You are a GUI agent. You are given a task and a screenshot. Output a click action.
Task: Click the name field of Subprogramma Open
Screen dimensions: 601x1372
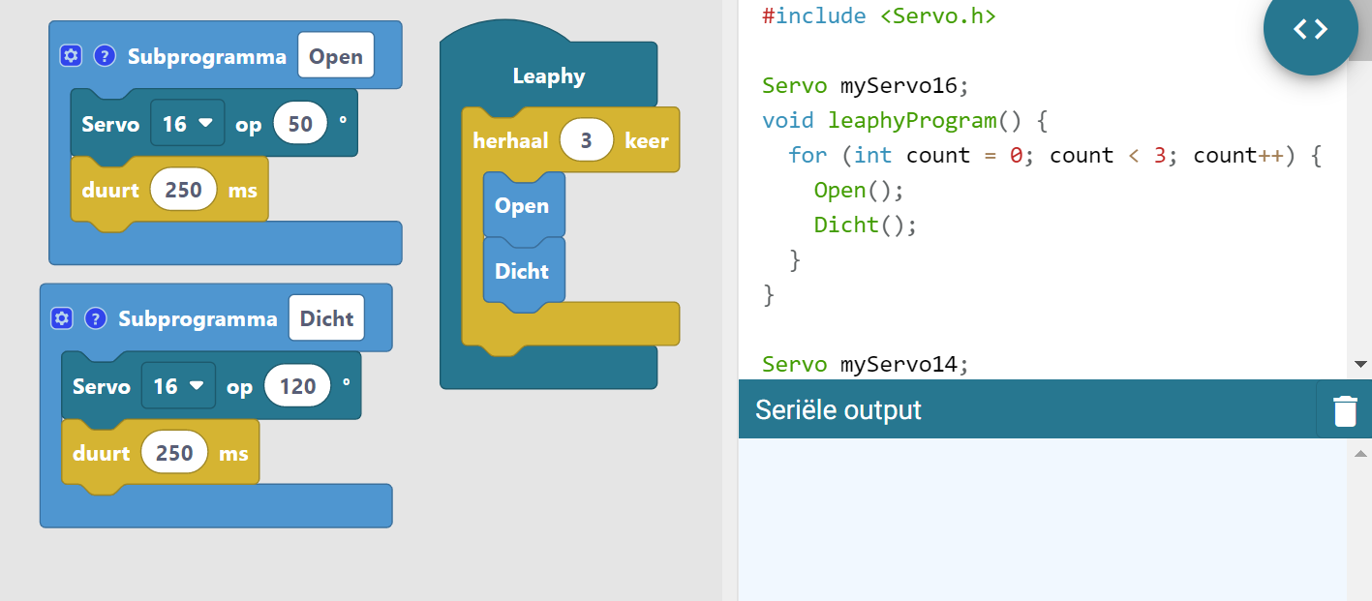click(336, 57)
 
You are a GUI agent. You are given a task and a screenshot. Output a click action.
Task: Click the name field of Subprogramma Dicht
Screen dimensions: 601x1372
click(326, 318)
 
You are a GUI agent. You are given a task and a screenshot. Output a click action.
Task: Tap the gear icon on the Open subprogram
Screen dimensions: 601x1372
click(71, 56)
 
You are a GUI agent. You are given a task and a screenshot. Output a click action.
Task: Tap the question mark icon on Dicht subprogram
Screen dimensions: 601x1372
click(95, 318)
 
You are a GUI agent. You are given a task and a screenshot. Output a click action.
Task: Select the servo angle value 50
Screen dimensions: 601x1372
click(300, 124)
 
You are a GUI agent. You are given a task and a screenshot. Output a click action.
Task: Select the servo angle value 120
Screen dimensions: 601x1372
click(297, 386)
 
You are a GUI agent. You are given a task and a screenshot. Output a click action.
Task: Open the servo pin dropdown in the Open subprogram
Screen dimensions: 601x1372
click(188, 124)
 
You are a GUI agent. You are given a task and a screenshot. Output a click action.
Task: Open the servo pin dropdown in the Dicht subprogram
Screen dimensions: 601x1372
click(179, 386)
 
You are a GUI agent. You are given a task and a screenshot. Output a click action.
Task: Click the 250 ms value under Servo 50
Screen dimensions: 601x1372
click(183, 190)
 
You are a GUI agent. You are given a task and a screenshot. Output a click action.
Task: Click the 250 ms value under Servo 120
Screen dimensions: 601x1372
click(174, 453)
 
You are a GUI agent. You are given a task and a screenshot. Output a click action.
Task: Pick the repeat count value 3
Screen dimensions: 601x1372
click(586, 140)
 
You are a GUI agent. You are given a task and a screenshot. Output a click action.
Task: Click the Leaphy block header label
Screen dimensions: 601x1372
click(548, 76)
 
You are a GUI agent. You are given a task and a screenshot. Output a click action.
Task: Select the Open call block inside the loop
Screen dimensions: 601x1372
click(522, 206)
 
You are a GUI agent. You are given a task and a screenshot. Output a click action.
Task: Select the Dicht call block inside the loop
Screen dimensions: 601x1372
click(522, 272)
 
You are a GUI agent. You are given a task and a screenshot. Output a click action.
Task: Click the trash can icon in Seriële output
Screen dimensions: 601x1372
click(1345, 410)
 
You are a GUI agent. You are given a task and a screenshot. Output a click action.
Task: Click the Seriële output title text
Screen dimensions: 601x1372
click(838, 410)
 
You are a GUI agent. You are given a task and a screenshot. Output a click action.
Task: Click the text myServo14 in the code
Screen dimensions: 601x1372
click(903, 364)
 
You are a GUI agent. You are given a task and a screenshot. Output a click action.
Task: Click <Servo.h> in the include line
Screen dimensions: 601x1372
click(937, 16)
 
